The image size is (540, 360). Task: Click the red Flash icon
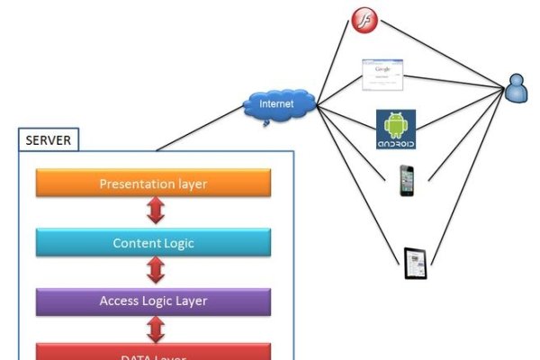click(x=362, y=19)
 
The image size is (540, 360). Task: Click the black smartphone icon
click(x=407, y=180)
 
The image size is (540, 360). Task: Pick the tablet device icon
click(x=415, y=263)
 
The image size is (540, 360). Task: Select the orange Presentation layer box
click(x=153, y=184)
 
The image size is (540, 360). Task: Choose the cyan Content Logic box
click(x=153, y=243)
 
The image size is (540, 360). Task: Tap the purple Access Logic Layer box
click(x=153, y=301)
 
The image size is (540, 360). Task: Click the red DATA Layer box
click(x=153, y=353)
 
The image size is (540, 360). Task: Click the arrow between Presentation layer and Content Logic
click(x=155, y=212)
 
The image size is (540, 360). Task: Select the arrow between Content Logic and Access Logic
click(x=155, y=272)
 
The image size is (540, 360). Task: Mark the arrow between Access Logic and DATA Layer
click(x=155, y=328)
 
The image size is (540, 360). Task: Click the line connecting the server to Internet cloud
click(x=200, y=131)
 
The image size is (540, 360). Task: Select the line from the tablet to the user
click(x=465, y=175)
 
